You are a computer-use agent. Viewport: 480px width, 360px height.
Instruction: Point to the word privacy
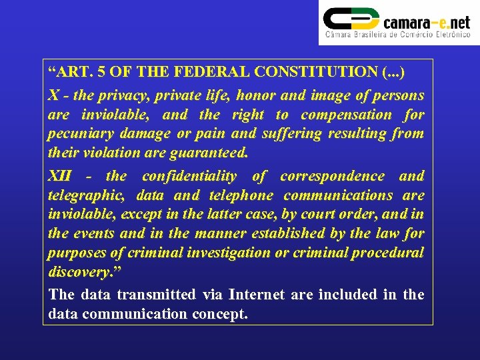click(123, 95)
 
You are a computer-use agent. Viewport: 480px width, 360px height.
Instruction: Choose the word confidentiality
click(189, 177)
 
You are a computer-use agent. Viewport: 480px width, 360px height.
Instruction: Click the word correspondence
click(332, 177)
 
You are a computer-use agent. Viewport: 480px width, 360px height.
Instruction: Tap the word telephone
click(241, 195)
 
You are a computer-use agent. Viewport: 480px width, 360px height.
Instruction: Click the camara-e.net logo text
click(425, 20)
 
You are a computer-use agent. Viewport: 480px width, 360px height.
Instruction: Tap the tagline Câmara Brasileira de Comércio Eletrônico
click(397, 35)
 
